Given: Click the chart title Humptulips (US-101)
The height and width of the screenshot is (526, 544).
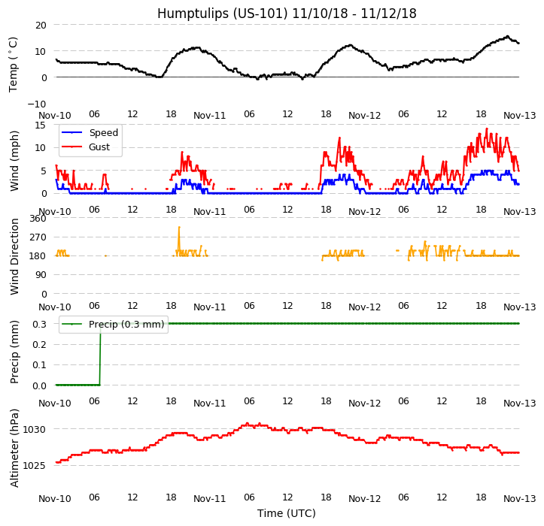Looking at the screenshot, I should point(287,14).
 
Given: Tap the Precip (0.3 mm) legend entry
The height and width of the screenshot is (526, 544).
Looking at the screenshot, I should point(113,325).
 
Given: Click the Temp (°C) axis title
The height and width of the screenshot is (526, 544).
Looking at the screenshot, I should point(14,64).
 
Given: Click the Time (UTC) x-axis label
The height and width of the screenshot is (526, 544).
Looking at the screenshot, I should point(287,513).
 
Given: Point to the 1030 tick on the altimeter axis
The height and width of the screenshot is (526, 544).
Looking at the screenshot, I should point(35,429).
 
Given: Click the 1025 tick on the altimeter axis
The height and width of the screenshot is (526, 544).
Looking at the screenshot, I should point(35,465).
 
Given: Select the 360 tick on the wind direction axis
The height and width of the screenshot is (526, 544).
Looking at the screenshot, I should point(38,219).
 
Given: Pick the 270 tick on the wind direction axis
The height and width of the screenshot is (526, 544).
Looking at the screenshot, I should point(38,237).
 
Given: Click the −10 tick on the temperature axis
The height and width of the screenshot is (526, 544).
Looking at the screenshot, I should point(38,104).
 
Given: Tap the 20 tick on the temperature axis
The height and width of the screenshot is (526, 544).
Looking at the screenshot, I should point(41,25).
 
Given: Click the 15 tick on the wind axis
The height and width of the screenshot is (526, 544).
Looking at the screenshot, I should point(41,125).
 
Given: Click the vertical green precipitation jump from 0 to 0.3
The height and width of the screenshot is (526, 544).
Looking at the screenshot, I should point(100,353).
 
